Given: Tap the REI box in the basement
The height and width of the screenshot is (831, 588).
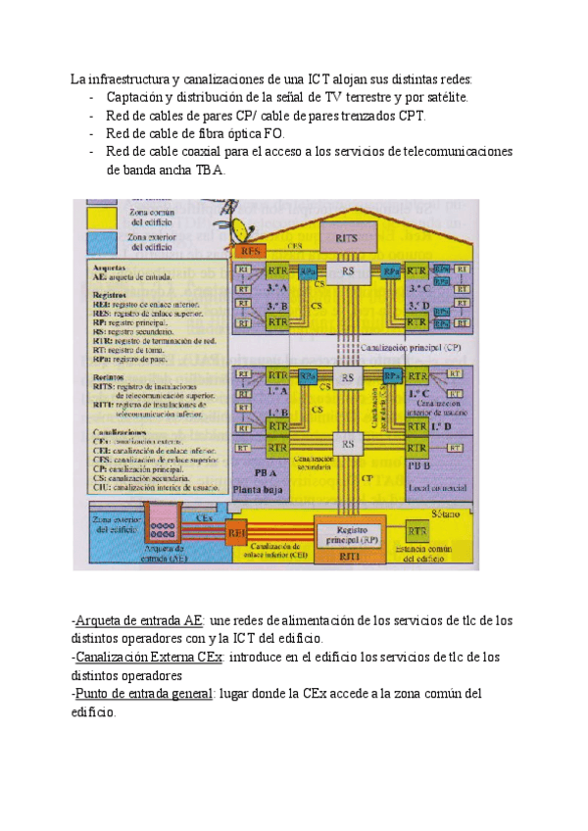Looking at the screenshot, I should [237, 533].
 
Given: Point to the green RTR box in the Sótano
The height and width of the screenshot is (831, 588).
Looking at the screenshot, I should [417, 530].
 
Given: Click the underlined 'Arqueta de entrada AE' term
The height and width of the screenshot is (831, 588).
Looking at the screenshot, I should [138, 620].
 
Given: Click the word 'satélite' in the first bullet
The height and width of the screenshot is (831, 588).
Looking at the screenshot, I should [447, 97].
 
